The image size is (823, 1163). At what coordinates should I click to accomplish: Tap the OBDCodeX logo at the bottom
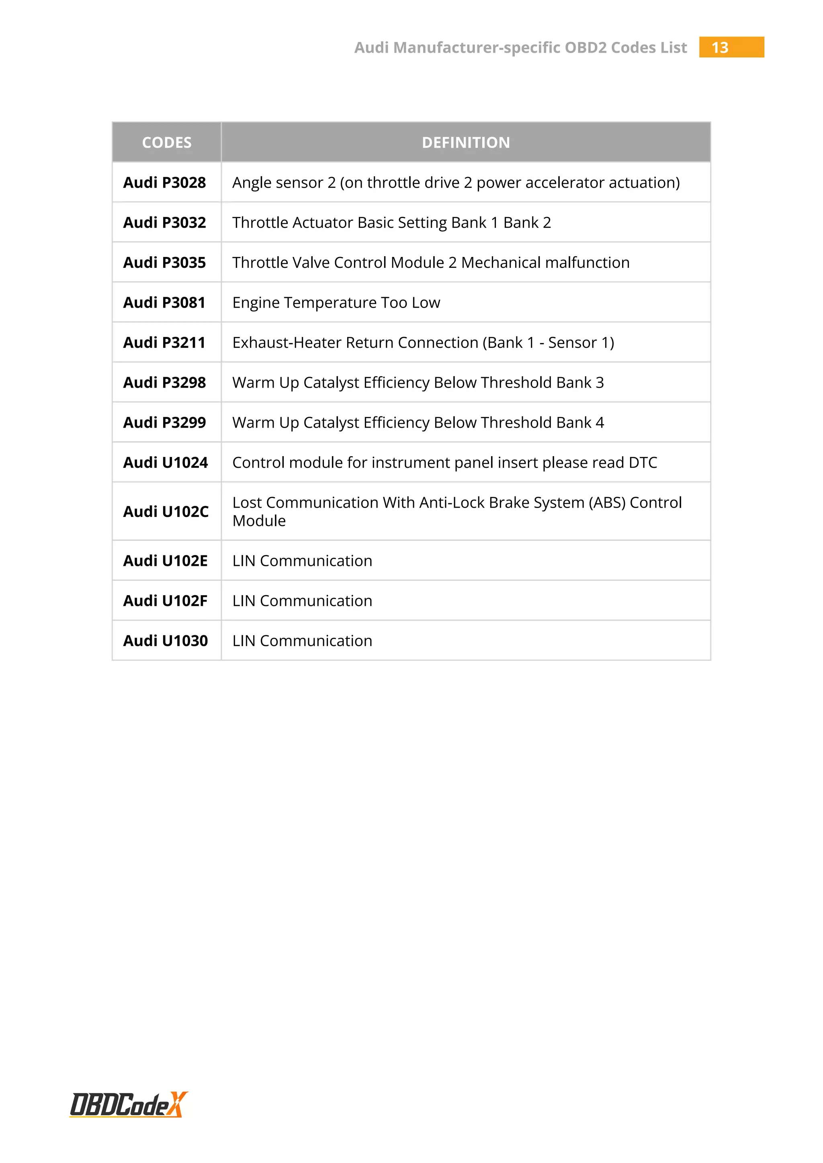tap(129, 1105)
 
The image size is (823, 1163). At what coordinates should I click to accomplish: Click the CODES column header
tap(167, 142)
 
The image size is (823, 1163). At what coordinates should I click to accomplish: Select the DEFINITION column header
tap(466, 142)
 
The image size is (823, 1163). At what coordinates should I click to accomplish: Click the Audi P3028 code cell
tap(165, 182)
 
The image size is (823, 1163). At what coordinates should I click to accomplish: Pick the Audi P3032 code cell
tap(165, 222)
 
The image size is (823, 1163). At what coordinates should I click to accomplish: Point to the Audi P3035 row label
tap(165, 262)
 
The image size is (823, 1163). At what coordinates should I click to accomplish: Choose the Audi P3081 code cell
tap(165, 302)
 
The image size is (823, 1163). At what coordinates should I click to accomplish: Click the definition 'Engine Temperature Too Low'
tap(336, 302)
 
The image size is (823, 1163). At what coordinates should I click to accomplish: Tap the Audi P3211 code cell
tap(165, 343)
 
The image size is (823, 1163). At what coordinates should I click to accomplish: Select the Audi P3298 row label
tap(165, 382)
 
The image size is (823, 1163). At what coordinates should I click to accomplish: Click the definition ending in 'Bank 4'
tap(418, 422)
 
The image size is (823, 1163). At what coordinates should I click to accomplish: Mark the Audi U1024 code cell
tap(166, 463)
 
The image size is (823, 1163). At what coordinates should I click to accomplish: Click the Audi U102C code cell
tap(166, 512)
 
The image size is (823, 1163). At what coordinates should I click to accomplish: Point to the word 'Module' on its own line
tap(259, 521)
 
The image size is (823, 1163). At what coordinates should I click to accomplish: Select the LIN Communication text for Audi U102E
tap(302, 561)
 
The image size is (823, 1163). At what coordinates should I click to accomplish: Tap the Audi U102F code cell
tap(166, 601)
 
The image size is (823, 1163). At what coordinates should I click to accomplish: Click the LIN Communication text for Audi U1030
tap(302, 641)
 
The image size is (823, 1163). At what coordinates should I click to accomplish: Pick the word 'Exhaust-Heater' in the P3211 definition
tap(287, 343)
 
